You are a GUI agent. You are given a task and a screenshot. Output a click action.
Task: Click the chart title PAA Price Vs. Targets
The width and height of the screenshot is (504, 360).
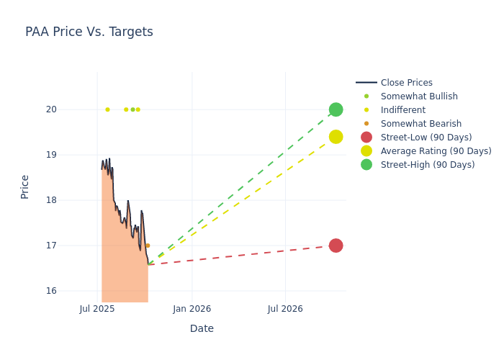(89, 32)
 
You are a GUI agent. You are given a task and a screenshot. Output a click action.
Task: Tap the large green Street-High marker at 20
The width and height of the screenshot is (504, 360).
(336, 109)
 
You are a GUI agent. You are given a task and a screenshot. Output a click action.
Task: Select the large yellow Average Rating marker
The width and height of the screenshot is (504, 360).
(336, 137)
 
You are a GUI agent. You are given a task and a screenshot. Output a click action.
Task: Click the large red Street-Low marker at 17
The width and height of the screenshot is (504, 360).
(336, 246)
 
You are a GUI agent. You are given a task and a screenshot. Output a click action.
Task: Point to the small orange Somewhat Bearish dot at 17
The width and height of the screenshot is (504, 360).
(148, 246)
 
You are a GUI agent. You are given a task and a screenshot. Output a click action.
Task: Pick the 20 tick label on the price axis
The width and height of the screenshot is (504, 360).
(71, 109)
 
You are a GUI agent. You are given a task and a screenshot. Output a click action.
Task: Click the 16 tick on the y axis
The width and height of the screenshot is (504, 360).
(71, 291)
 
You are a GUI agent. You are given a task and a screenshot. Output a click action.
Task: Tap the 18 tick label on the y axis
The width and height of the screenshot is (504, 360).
(71, 200)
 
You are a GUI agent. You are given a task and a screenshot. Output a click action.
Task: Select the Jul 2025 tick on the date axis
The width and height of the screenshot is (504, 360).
(97, 309)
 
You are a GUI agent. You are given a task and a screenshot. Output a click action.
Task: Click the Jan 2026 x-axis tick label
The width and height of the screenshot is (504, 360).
(192, 309)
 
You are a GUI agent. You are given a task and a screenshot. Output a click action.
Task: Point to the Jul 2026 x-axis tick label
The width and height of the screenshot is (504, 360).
(285, 309)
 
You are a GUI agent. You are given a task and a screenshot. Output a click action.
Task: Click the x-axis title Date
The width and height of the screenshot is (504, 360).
(202, 328)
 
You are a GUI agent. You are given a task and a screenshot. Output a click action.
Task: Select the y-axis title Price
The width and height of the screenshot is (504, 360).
(25, 186)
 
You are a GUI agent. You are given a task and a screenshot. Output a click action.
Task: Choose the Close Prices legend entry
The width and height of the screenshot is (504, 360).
(406, 83)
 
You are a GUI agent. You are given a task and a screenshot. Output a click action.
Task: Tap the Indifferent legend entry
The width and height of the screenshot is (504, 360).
(402, 110)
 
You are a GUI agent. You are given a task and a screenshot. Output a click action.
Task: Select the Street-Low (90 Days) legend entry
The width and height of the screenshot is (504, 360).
(426, 138)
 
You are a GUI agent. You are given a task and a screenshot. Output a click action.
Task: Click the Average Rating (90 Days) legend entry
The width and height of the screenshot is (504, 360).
(436, 151)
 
